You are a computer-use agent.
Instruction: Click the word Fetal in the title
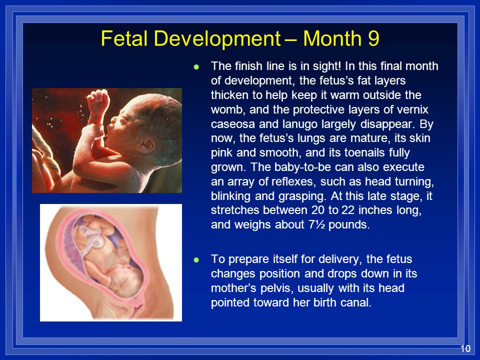tap(125, 38)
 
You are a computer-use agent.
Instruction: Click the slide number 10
tap(465, 348)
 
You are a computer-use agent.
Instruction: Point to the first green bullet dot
tap(196, 66)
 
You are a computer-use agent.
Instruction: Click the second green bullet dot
tap(196, 260)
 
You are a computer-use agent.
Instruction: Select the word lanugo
tap(299, 124)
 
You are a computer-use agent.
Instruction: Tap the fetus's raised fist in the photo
tap(98, 101)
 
